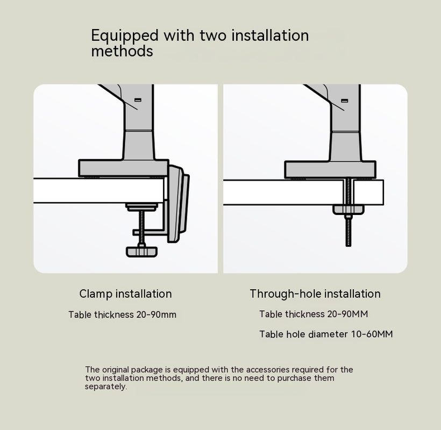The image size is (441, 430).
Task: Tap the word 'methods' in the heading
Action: pyautogui.click(x=122, y=52)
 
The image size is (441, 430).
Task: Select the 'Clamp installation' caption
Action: pyautogui.click(x=125, y=293)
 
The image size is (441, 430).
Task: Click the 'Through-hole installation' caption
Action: pyautogui.click(x=315, y=293)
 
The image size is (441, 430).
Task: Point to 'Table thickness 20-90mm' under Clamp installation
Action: pyautogui.click(x=122, y=314)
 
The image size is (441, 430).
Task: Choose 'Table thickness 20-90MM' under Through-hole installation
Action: pyautogui.click(x=314, y=314)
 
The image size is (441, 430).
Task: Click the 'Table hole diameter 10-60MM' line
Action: pyautogui.click(x=325, y=334)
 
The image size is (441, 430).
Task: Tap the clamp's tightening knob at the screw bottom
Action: pyautogui.click(x=142, y=251)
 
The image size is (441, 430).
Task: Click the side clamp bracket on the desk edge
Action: pyautogui.click(x=177, y=204)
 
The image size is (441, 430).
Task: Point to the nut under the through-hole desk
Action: pyautogui.click(x=348, y=209)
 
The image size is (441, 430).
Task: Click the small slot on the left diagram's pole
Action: pyautogui.click(x=137, y=99)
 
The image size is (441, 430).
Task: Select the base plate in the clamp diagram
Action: pyautogui.click(x=123, y=168)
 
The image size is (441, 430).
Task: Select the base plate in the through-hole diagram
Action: pyautogui.click(x=330, y=169)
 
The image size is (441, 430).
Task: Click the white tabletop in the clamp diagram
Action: pyautogui.click(x=97, y=190)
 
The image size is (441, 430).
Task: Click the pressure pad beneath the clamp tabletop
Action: pyautogui.click(x=142, y=206)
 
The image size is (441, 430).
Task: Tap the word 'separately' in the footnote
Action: pyautogui.click(x=106, y=386)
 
